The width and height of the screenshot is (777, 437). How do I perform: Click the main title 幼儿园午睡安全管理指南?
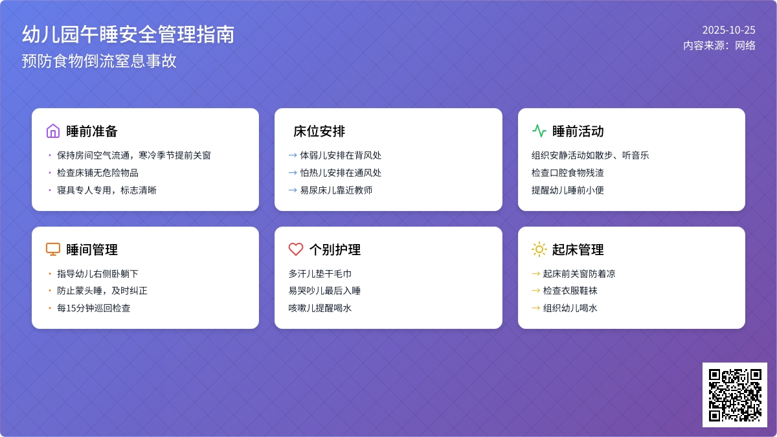128,34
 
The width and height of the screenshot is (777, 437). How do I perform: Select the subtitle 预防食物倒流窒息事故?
99,61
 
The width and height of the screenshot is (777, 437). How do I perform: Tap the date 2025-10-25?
728,30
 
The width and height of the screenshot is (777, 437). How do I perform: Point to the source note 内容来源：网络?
719,45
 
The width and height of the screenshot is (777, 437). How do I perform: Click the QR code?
734,394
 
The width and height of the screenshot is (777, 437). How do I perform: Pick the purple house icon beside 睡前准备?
53,131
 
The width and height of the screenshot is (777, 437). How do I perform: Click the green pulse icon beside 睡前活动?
539,131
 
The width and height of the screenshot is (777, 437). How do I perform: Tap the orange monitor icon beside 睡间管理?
53,249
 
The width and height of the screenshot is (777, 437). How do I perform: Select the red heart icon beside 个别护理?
296,249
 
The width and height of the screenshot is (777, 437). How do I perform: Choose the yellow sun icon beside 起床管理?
539,249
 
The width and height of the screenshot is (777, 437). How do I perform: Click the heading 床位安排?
319,131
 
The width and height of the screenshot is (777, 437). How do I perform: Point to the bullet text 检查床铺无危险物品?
98,173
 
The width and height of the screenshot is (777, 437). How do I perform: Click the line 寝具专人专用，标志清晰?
107,190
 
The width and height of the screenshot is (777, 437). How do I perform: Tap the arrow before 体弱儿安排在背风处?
293,155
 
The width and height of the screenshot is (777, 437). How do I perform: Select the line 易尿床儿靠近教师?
336,190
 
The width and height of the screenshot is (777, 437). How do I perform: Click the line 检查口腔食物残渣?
568,173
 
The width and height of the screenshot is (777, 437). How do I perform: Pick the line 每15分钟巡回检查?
94,308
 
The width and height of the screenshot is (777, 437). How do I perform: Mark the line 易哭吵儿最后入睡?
324,291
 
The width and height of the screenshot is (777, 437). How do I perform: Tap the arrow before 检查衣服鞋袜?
535,291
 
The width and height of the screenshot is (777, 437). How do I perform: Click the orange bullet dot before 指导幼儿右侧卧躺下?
50,274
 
